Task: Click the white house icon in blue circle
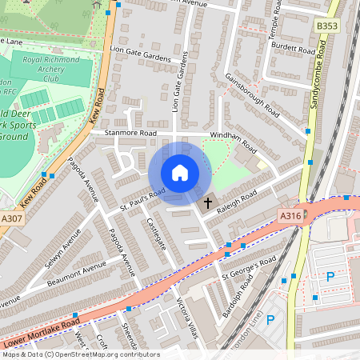click(180, 173)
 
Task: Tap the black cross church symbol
click(208, 203)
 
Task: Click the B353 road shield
click(326, 26)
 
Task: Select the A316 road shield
click(290, 216)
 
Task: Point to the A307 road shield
click(11, 218)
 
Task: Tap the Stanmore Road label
click(124, 134)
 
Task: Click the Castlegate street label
click(155, 235)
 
